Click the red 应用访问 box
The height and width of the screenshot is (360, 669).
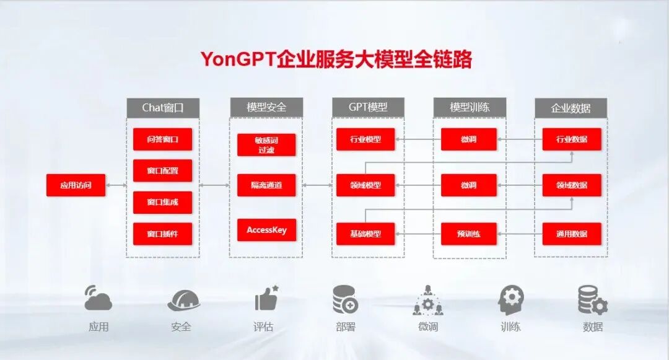click(76, 185)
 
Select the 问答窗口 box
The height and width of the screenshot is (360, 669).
click(162, 139)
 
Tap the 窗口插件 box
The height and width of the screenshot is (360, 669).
click(162, 234)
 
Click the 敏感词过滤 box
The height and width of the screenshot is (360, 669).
click(266, 144)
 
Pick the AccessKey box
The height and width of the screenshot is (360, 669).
click(266, 230)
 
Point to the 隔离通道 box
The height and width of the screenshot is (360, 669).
click(266, 185)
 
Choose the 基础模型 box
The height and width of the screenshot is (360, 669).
click(365, 234)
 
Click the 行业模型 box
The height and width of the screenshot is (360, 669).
click(365, 139)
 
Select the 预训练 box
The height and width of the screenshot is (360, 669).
click(469, 234)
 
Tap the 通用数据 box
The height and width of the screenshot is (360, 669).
click(572, 234)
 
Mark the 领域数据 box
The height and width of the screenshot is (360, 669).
click(572, 185)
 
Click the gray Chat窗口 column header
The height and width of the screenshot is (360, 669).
click(163, 107)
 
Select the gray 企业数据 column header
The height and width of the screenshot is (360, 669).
click(571, 108)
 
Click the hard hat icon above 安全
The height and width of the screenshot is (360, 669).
click(183, 301)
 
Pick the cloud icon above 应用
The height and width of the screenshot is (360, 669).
click(98, 299)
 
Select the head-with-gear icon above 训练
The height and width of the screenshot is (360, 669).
click(510, 300)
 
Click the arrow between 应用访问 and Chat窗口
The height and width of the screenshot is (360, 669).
click(116, 185)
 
